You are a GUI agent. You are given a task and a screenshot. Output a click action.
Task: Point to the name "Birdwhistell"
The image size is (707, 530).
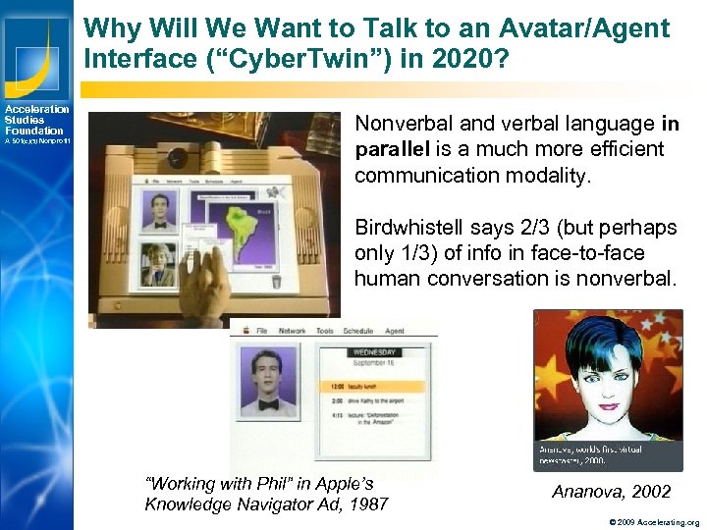point(411,228)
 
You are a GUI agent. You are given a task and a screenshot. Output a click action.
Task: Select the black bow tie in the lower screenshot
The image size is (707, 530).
point(268,404)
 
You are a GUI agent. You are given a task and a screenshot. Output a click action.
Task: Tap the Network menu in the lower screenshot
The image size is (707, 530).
point(293,331)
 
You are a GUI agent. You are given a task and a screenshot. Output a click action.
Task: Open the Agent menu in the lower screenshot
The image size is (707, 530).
point(395,331)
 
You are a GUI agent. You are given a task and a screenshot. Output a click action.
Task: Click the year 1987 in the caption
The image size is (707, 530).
point(368,504)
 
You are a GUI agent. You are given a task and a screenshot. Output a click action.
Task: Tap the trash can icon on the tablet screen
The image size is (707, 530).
point(277,283)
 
